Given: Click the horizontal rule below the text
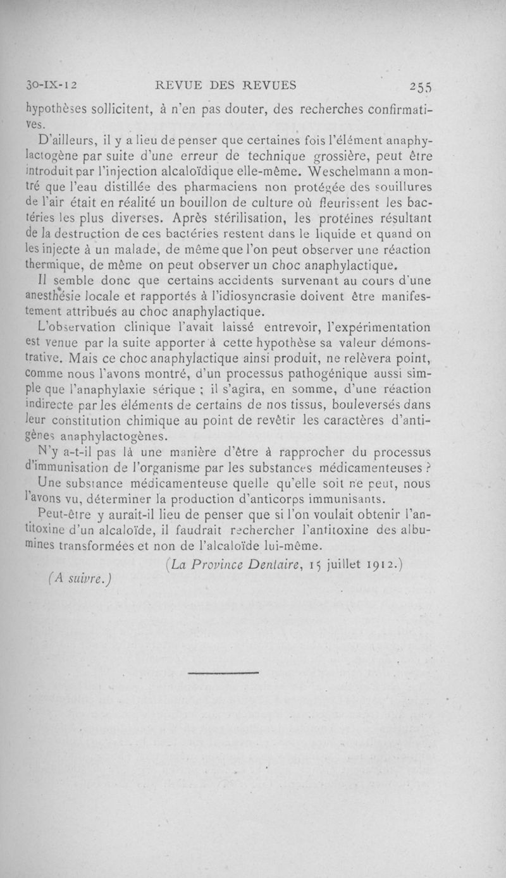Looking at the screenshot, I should [x=224, y=672].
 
